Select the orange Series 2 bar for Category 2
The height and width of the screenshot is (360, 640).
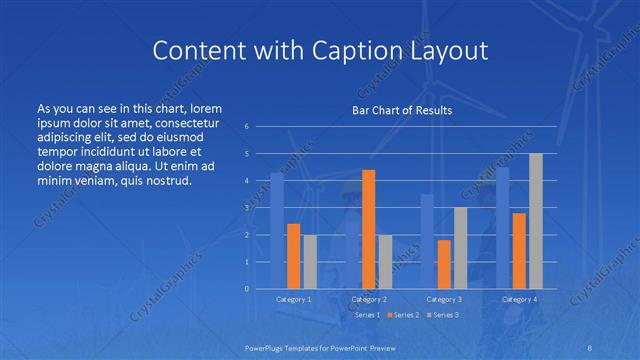click(x=368, y=229)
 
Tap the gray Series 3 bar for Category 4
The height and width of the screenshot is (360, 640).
click(x=535, y=221)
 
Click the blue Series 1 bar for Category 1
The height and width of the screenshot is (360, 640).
click(x=277, y=231)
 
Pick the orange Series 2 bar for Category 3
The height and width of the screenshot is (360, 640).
click(x=444, y=264)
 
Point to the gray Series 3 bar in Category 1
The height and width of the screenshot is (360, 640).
click(x=310, y=262)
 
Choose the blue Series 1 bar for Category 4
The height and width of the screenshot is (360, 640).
click(x=502, y=228)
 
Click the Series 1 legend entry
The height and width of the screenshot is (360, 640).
click(x=365, y=315)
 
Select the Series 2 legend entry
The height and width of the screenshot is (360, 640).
click(x=402, y=315)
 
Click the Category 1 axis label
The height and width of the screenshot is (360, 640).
click(x=293, y=299)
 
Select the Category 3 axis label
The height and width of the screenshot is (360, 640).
click(x=444, y=299)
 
